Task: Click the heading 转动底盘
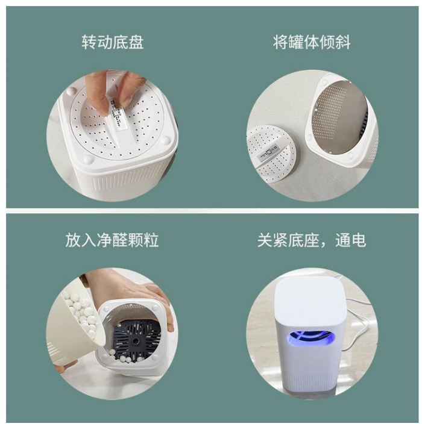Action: click(x=112, y=42)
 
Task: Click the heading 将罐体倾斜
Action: click(x=312, y=42)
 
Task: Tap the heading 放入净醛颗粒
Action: click(x=112, y=240)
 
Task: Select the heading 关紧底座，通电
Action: click(x=312, y=240)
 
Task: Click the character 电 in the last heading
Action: click(x=359, y=240)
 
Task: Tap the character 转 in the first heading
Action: click(x=89, y=42)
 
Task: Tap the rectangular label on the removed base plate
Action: click(x=268, y=152)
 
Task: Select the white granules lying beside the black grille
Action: click(x=128, y=355)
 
